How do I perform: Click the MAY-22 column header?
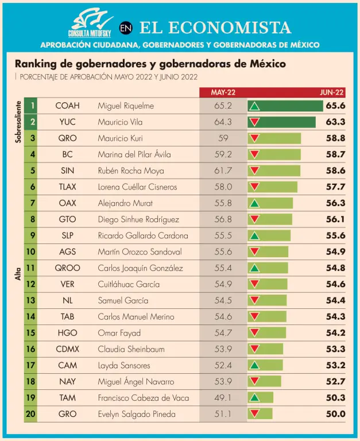[222, 92]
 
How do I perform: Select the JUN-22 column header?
[332, 92]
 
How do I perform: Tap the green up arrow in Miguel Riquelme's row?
[255, 106]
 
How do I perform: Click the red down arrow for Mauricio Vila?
[254, 122]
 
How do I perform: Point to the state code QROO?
[67, 268]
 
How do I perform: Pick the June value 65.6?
[335, 106]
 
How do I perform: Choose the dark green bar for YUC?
[281, 122]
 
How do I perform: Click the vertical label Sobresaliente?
[18, 122]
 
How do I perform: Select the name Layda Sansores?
[123, 365]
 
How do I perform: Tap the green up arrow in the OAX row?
[254, 203]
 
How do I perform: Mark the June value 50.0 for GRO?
[335, 414]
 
